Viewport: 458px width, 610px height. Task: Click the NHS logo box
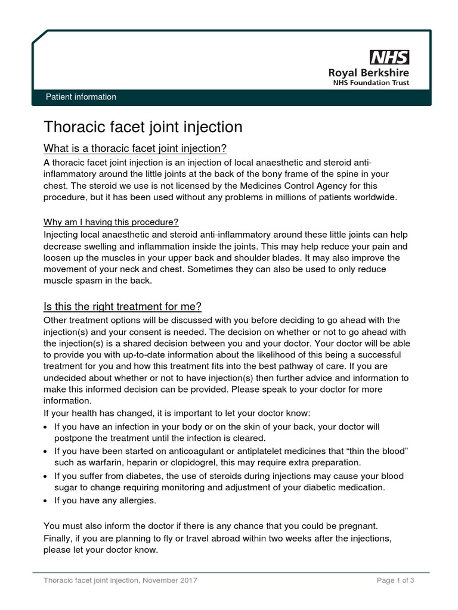point(390,57)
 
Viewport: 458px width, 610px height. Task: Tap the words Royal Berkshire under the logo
point(369,72)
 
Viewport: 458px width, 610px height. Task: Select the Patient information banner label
point(81,97)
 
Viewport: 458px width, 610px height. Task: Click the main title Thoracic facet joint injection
point(143,127)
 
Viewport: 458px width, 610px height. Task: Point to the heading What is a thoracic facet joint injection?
point(135,148)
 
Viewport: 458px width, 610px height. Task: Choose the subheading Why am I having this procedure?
point(111,222)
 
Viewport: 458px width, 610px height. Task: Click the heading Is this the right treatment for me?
point(122,307)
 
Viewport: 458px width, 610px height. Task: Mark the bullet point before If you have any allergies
point(47,501)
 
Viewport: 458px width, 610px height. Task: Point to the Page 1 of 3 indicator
point(395,580)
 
